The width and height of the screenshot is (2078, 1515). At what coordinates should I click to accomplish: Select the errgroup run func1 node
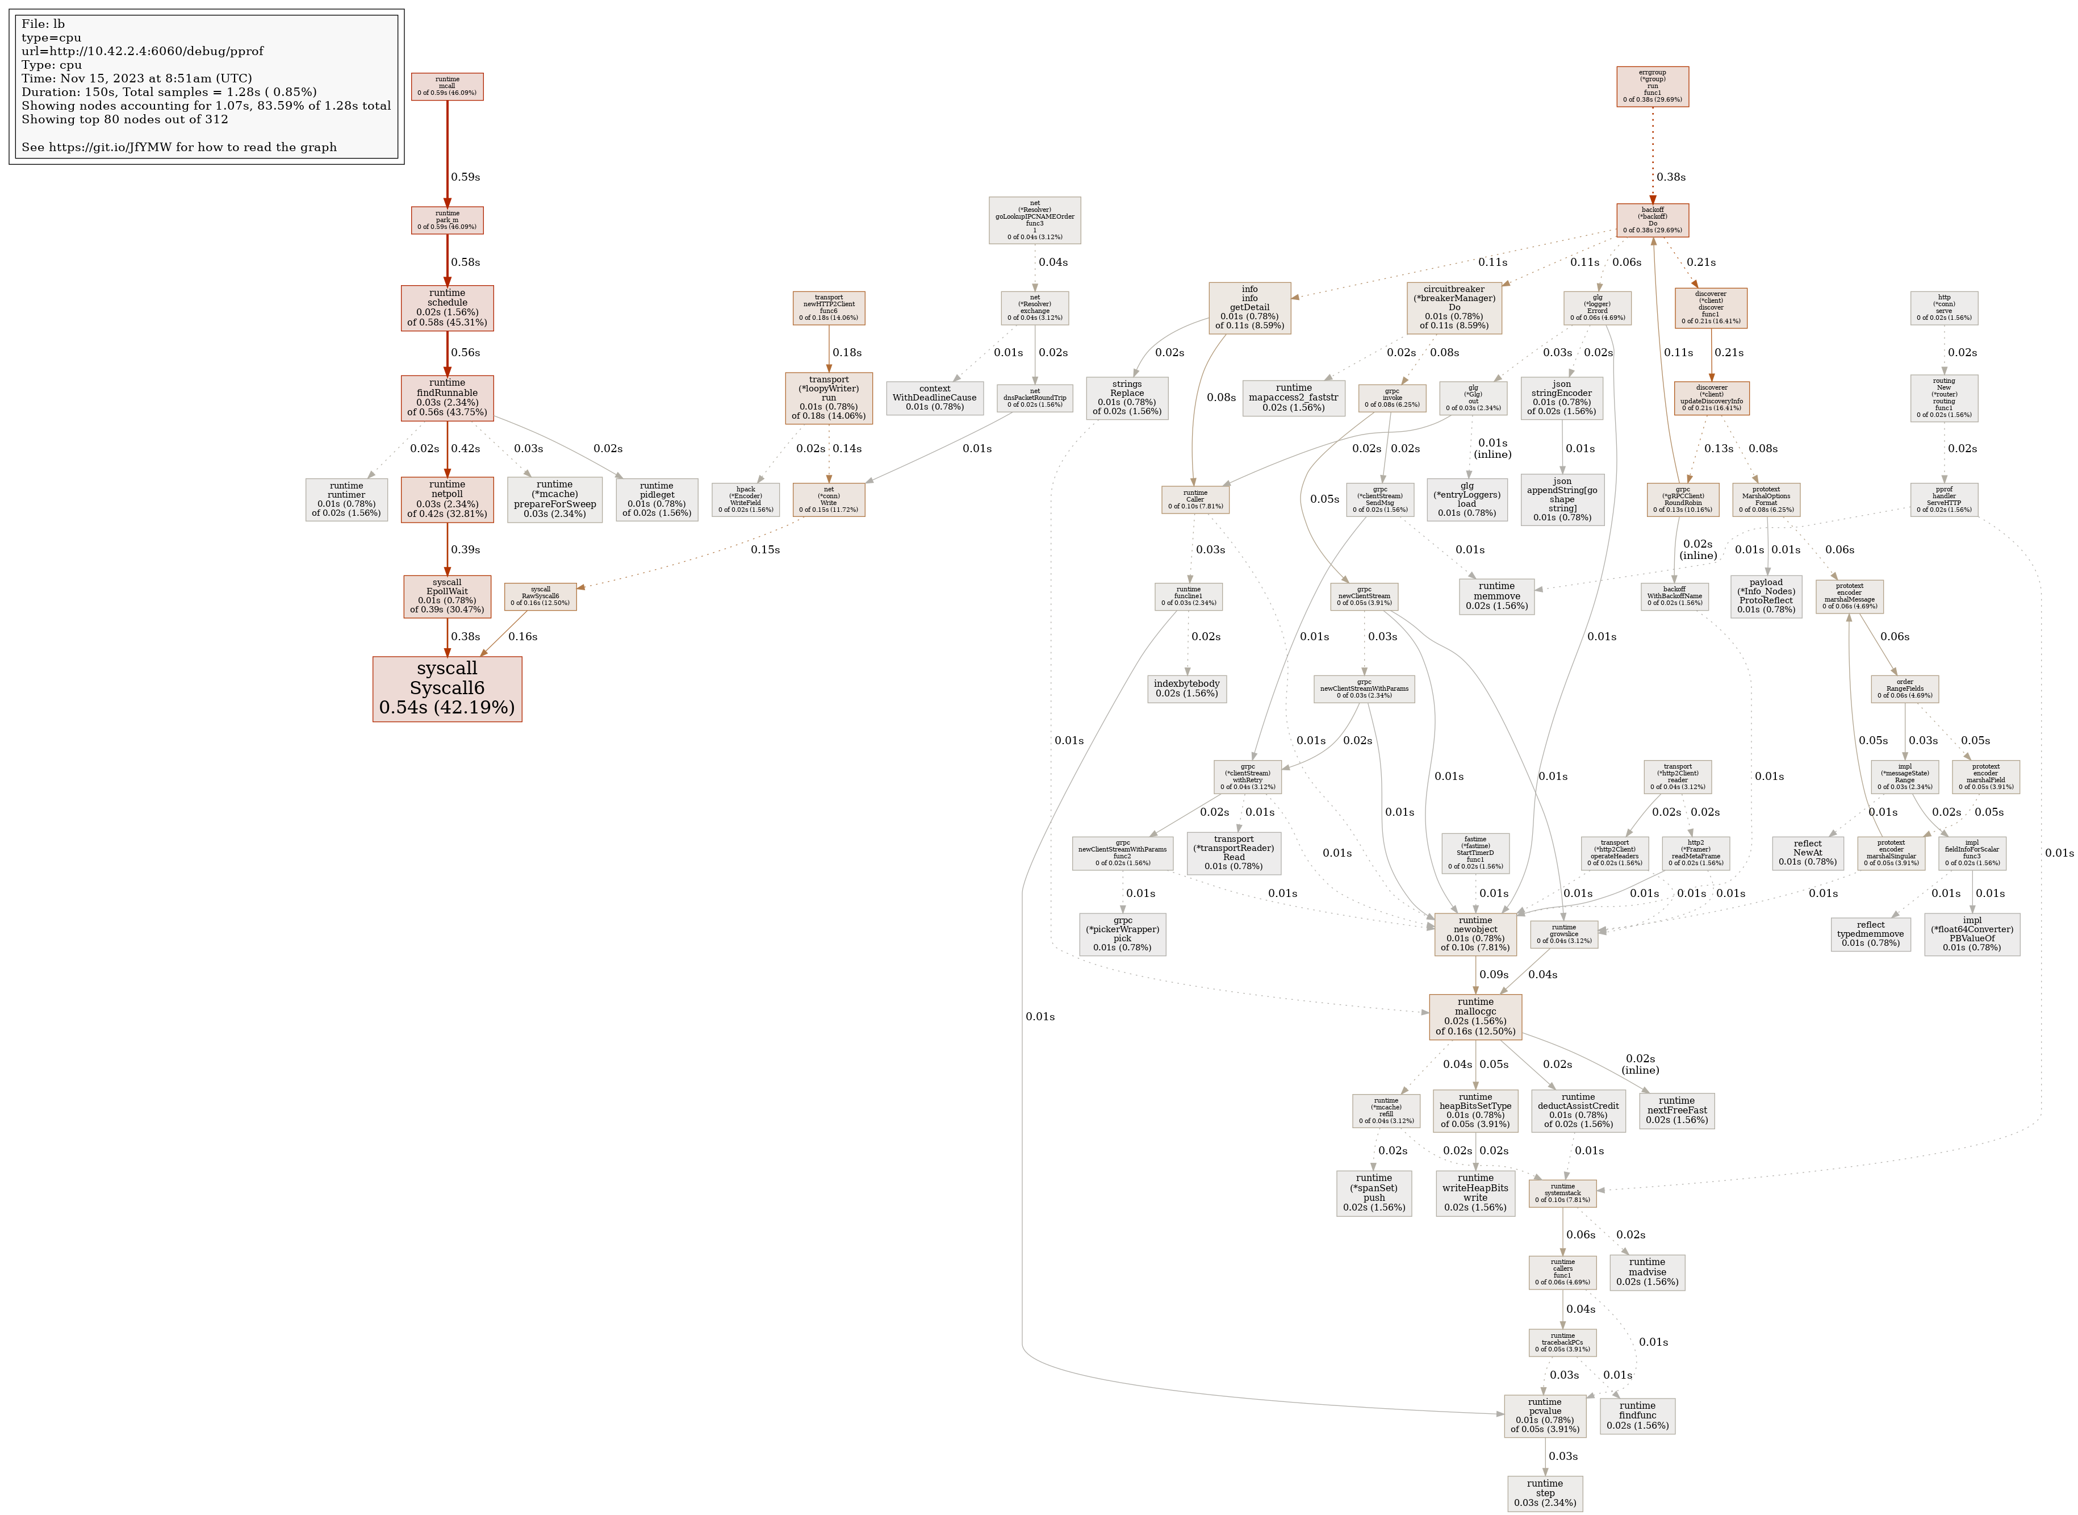[x=1651, y=86]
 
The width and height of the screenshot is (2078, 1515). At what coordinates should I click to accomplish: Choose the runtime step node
[x=1545, y=1493]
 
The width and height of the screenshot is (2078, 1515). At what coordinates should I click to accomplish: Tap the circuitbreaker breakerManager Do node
[x=1454, y=307]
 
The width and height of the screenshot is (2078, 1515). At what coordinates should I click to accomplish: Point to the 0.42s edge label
[x=465, y=448]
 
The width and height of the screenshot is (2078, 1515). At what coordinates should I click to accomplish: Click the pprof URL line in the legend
[x=129, y=51]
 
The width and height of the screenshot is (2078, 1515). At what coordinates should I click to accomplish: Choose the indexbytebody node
[x=1186, y=688]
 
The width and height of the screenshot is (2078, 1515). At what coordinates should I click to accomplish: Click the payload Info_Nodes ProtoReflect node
[x=1766, y=596]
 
